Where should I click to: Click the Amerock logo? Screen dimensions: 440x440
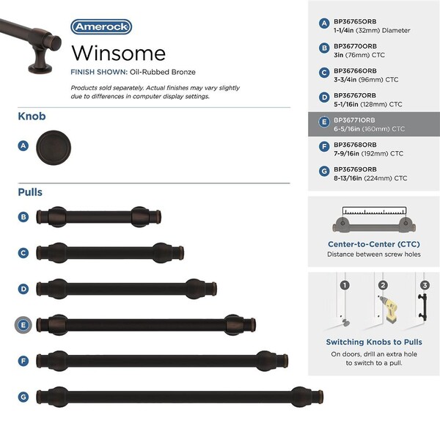click(101, 27)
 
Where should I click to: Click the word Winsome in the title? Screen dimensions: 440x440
click(118, 53)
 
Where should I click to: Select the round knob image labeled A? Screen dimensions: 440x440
click(54, 147)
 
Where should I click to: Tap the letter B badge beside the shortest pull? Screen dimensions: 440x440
click(23, 217)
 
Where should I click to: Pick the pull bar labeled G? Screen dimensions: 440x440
click(180, 397)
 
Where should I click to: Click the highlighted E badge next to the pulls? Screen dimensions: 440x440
click(23, 325)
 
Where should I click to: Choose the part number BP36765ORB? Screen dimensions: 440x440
click(355, 21)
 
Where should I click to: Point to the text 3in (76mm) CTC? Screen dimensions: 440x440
click(359, 55)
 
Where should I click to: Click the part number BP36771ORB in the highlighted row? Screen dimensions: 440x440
click(354, 120)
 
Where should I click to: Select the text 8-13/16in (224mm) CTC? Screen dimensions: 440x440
click(370, 178)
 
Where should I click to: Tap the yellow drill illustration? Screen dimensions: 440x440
click(389, 309)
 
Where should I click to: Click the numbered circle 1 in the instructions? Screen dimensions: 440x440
click(345, 285)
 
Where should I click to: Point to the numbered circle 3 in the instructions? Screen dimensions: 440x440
click(425, 285)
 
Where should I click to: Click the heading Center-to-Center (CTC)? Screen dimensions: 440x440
click(374, 244)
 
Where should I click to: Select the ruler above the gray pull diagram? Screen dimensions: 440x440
click(374, 210)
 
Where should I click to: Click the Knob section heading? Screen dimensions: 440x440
click(32, 116)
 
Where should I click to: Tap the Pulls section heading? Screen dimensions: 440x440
click(30, 192)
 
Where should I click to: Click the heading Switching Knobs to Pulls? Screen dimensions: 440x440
click(374, 342)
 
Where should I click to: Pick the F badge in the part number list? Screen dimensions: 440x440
click(324, 147)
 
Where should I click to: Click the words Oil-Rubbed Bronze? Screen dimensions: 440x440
click(163, 72)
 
